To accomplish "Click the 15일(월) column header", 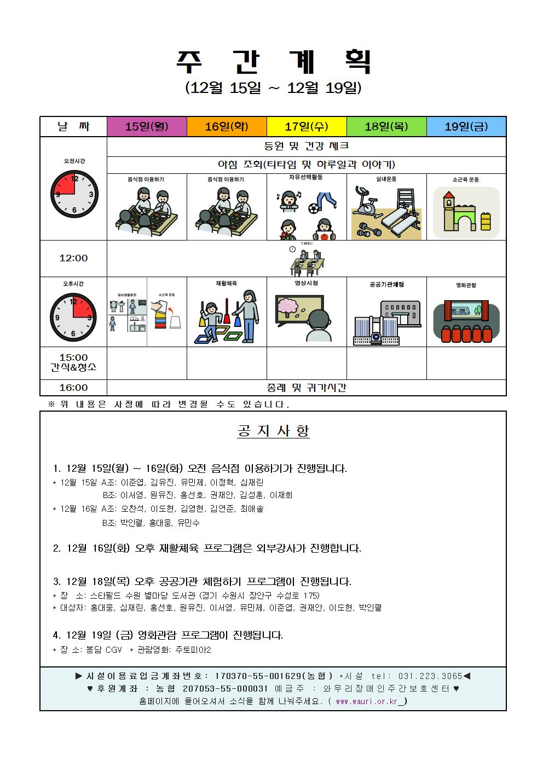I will tap(147, 127).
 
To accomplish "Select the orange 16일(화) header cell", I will tap(227, 127).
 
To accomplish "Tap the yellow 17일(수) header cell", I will tap(307, 127).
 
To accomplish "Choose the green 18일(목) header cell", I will tap(386, 127).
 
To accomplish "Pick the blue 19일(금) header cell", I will tap(466, 127).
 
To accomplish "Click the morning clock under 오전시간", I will tap(74, 194).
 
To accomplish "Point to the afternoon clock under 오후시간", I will tap(73, 317).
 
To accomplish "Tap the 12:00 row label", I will tap(73, 258).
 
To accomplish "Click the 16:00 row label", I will tap(73, 388).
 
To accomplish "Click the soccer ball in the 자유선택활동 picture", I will tap(313, 208).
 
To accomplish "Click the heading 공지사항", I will tap(273, 431).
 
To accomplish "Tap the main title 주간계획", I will tap(273, 62).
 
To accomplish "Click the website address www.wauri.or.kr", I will tap(366, 701).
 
